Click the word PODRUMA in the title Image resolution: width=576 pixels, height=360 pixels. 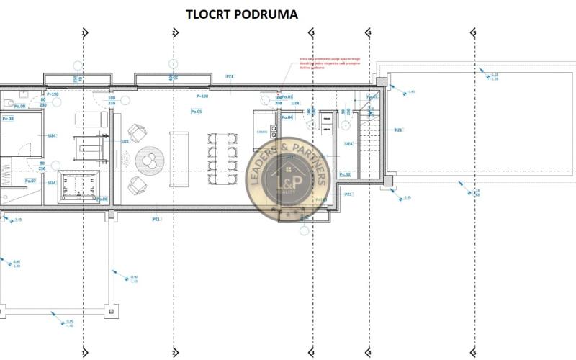click(x=253, y=13)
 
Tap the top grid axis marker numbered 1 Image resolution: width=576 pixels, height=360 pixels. click(x=84, y=32)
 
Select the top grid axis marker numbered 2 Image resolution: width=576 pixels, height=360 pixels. click(x=174, y=32)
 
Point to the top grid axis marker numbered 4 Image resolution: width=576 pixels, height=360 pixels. click(x=369, y=32)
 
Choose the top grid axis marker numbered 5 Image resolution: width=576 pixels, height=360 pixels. click(x=474, y=32)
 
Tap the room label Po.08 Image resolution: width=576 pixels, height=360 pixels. click(x=9, y=118)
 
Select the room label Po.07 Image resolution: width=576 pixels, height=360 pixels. click(x=30, y=181)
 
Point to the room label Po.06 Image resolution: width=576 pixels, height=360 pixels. click(x=102, y=199)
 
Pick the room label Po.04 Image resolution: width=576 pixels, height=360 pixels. click(x=287, y=117)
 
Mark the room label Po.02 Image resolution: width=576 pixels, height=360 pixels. click(x=345, y=174)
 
